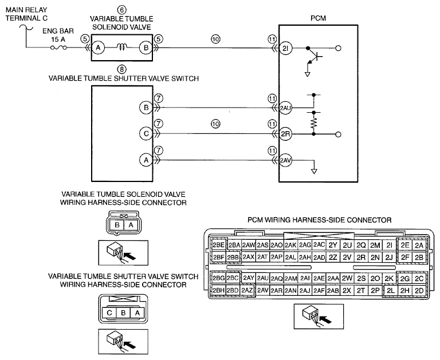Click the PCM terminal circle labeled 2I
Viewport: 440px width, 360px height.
(x=286, y=48)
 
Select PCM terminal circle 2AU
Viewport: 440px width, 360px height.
(x=286, y=108)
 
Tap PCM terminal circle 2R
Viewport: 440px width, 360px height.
(x=286, y=134)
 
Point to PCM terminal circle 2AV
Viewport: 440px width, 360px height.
(x=286, y=160)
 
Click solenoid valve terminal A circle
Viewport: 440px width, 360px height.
(x=98, y=48)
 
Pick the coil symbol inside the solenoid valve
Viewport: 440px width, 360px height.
(x=122, y=48)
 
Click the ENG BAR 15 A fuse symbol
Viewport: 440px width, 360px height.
(x=58, y=48)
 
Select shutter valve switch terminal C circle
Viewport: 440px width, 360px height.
(x=146, y=133)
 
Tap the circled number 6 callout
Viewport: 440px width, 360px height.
(x=121, y=10)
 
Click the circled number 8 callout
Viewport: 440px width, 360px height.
(x=121, y=69)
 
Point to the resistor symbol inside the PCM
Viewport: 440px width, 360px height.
(x=314, y=123)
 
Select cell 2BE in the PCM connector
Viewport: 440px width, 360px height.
(x=218, y=246)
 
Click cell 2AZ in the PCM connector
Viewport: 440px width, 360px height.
(x=247, y=290)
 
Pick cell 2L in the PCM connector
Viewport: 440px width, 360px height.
(x=390, y=291)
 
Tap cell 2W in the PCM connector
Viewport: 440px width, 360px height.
(x=347, y=278)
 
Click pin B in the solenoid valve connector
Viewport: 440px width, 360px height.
(x=117, y=225)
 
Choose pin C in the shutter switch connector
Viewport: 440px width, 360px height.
(x=109, y=312)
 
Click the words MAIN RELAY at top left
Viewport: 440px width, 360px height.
(x=26, y=10)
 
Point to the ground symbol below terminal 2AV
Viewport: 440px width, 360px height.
(x=315, y=171)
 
